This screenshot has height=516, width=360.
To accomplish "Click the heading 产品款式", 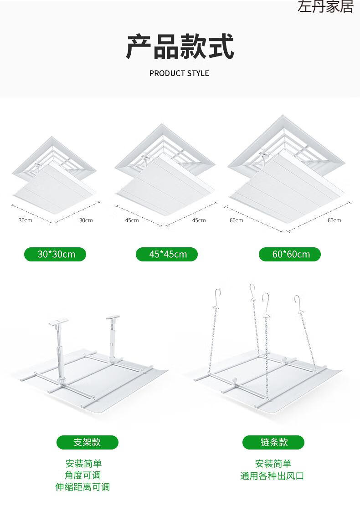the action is click(180, 46).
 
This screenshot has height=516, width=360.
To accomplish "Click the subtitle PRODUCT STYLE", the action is click(179, 73).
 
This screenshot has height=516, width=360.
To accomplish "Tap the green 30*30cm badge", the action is click(55, 254).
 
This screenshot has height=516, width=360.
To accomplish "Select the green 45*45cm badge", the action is click(167, 254).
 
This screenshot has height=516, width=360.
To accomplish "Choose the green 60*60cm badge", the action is click(289, 254).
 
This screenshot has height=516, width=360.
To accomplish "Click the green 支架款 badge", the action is click(87, 442).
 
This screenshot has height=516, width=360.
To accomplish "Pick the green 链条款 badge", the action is click(273, 442).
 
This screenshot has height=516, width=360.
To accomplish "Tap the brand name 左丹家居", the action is click(325, 6).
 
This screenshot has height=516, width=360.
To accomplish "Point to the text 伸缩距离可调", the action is click(82, 487).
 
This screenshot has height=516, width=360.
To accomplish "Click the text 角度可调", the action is click(82, 475).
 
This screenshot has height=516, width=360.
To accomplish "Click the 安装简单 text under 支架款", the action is click(83, 463).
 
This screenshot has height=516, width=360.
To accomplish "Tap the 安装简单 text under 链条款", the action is click(273, 463).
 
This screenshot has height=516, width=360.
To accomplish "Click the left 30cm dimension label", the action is click(26, 220).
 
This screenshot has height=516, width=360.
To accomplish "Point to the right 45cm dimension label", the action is click(199, 220).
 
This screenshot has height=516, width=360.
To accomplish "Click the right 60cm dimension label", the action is click(334, 220).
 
